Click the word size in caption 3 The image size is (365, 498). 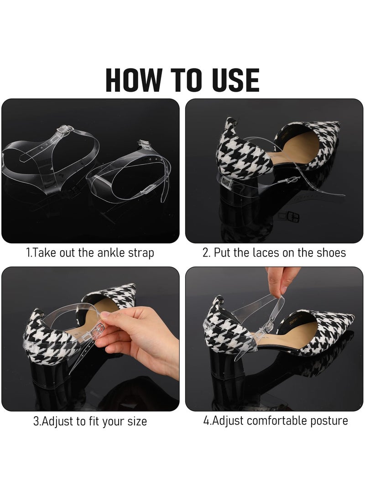click(x=136, y=421)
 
